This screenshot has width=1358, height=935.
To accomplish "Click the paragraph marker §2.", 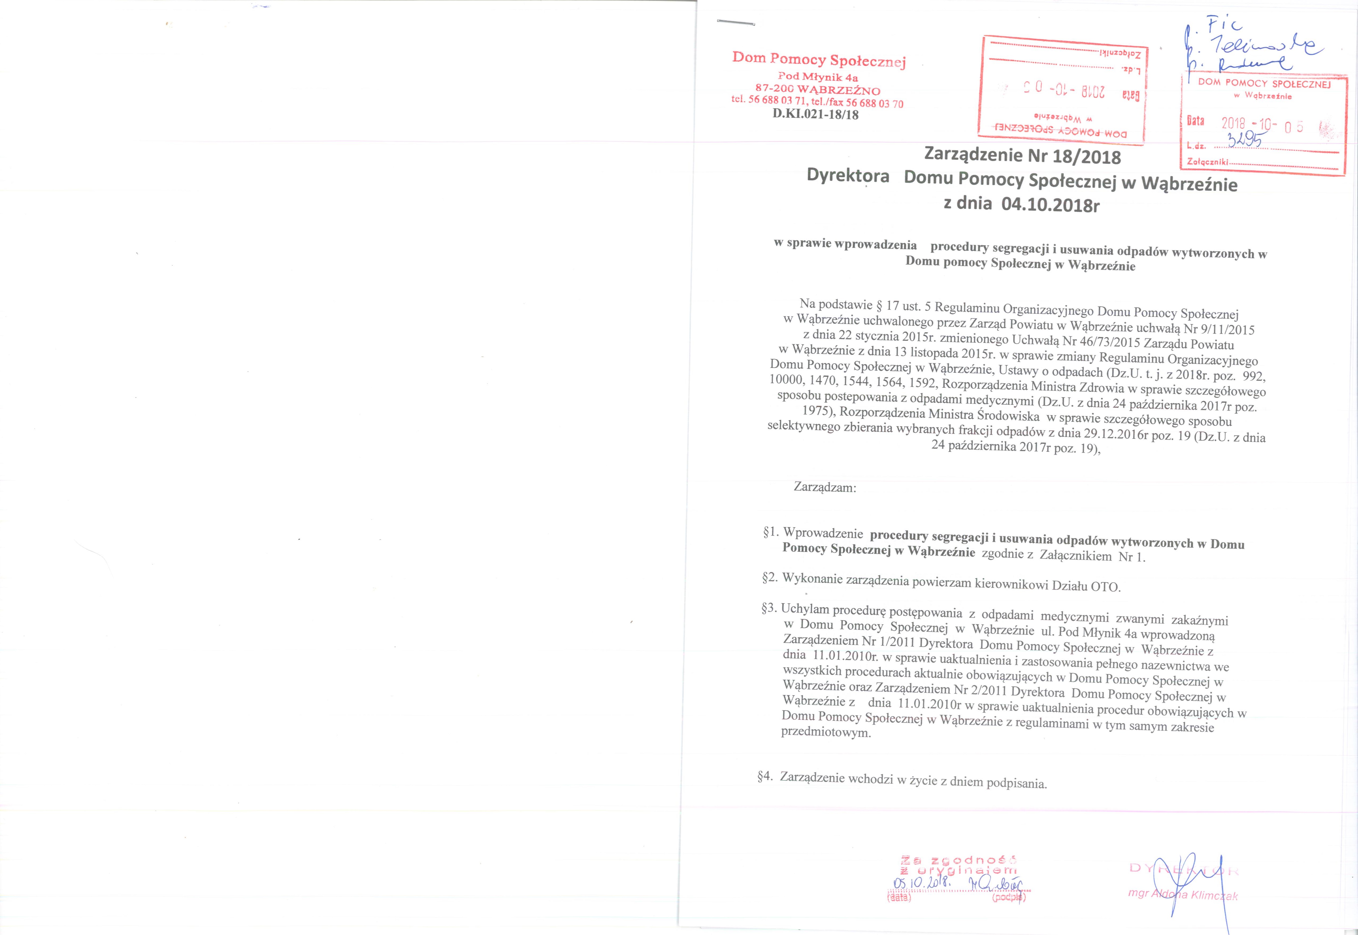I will click(x=770, y=578).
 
